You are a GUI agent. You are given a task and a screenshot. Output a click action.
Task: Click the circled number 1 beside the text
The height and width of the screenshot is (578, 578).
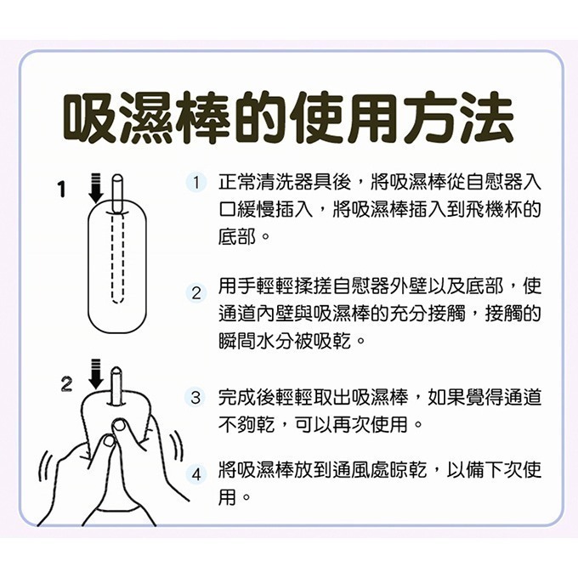pyautogui.click(x=196, y=183)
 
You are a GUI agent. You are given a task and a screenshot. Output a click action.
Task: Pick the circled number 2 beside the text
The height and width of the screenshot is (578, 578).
pyautogui.click(x=196, y=293)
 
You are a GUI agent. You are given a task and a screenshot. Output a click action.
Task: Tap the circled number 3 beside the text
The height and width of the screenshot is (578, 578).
pyautogui.click(x=196, y=397)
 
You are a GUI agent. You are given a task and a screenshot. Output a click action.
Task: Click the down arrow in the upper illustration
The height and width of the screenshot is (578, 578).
pyautogui.click(x=95, y=187)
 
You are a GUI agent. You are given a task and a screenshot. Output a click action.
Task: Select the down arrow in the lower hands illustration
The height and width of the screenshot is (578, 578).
pyautogui.click(x=95, y=377)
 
